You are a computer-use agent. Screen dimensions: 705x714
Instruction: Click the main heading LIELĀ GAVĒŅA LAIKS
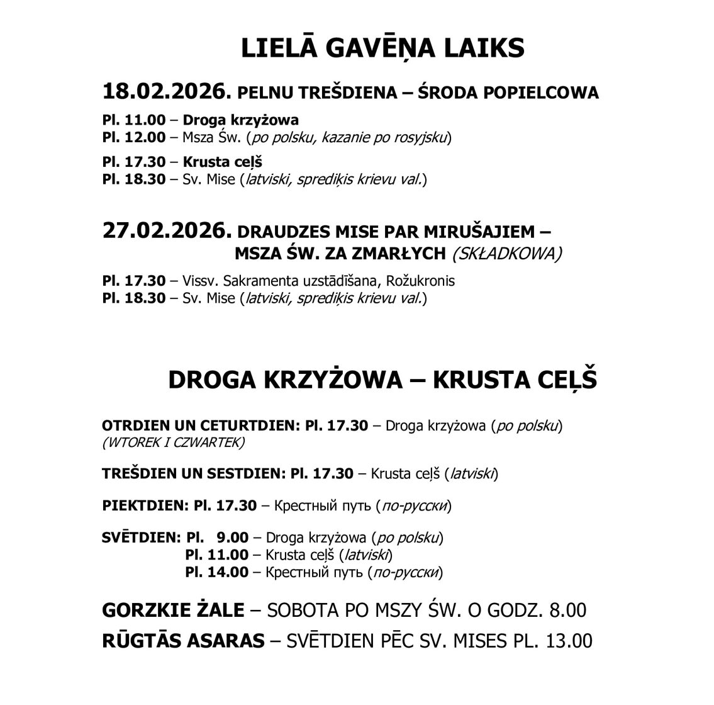point(382,48)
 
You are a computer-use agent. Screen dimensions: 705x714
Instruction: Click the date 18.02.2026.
point(164,92)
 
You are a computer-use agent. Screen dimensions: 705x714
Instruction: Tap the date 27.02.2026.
point(164,230)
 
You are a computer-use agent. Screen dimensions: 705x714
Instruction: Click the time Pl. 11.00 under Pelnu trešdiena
point(134,120)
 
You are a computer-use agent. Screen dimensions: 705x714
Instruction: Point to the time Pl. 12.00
point(134,137)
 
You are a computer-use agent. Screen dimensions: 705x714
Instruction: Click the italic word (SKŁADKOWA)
point(507,253)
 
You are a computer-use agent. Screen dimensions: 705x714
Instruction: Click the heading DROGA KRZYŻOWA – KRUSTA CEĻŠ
point(382,380)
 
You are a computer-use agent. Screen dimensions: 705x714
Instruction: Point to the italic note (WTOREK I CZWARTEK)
point(173,443)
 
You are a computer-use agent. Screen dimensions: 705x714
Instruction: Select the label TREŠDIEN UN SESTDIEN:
point(193,473)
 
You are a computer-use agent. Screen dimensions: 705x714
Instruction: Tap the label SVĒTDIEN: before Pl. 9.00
point(141,538)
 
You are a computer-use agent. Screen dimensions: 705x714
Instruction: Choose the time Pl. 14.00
point(216,572)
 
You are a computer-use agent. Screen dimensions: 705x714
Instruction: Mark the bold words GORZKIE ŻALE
point(173,610)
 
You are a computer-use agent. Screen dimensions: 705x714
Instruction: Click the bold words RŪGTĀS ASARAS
point(183,641)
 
